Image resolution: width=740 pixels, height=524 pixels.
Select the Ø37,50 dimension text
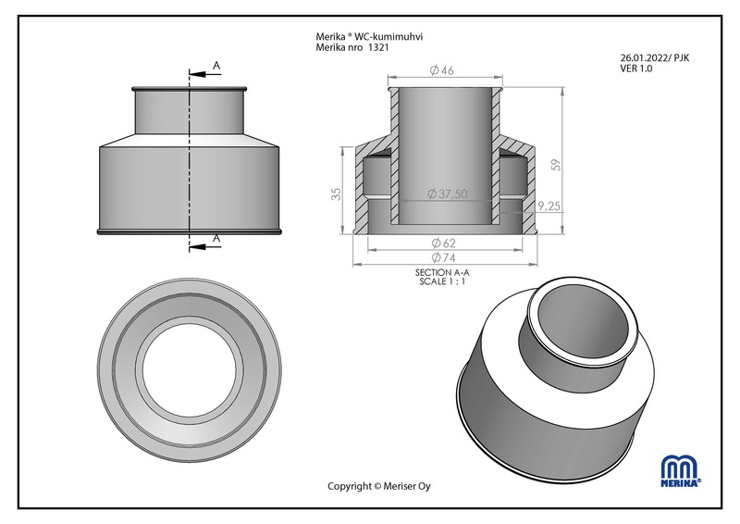click(x=447, y=193)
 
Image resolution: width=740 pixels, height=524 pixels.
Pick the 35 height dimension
click(x=337, y=193)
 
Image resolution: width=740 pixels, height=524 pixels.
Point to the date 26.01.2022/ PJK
click(x=654, y=57)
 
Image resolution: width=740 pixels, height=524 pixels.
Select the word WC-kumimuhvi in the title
click(x=401, y=37)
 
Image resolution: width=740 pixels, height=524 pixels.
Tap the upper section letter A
click(x=216, y=65)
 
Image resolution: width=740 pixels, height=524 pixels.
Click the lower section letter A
click(x=216, y=239)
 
